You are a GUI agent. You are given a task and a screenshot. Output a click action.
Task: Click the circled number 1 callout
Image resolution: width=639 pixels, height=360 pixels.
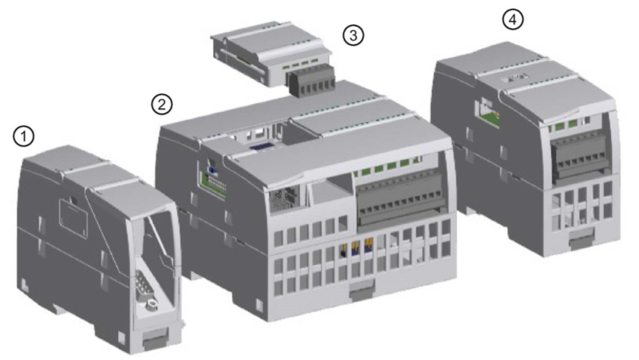[24, 136]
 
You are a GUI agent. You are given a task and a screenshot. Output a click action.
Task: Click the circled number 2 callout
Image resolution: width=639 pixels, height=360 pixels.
[162, 104]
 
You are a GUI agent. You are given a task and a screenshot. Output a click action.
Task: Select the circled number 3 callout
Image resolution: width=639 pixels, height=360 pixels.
[353, 35]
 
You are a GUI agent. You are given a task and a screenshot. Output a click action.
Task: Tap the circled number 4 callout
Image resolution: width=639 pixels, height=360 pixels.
[512, 19]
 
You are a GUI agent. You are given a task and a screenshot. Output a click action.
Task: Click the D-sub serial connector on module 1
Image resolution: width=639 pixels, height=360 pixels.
[144, 284]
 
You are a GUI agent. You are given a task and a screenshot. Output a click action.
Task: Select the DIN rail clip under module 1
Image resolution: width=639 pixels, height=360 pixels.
[155, 340]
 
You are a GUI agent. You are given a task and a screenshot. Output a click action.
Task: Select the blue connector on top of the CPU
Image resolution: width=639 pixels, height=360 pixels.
[258, 147]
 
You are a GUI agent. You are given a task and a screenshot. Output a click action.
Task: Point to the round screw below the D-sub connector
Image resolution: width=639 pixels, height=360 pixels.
[153, 303]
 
